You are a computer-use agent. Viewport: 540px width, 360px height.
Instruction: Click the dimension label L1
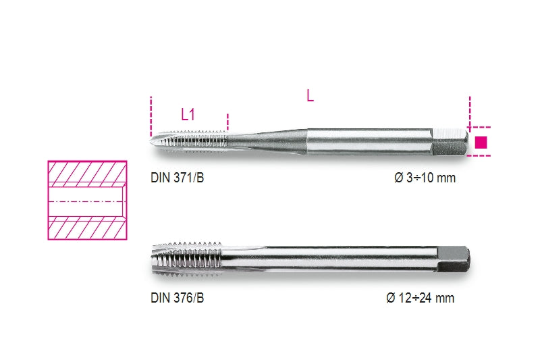point(188,115)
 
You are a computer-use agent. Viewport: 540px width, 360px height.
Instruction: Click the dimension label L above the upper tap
point(310,96)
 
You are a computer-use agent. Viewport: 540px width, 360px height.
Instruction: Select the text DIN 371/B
point(178,180)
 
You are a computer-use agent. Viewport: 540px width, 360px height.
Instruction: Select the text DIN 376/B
point(178,298)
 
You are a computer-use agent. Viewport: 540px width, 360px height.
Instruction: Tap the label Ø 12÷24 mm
point(420,298)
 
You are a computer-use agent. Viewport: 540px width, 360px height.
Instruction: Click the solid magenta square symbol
point(481,142)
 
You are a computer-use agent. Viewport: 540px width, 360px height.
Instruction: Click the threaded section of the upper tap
point(196,139)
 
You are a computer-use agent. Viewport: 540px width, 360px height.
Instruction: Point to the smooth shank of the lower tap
point(324,258)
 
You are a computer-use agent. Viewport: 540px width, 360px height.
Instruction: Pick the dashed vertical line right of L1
point(228,122)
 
